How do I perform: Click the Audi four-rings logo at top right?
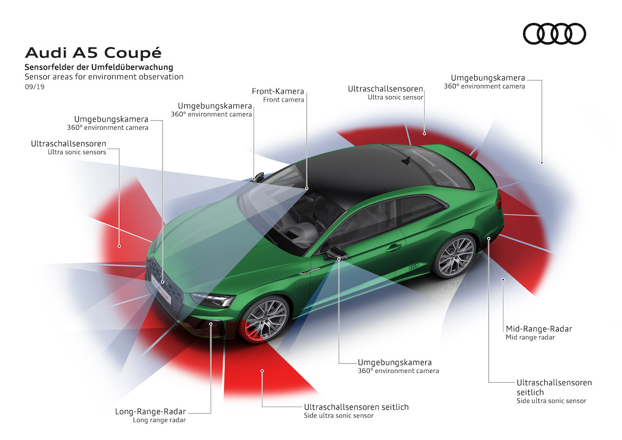coord(554,34)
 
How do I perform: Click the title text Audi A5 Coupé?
coord(93,53)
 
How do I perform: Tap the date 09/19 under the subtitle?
coord(35,87)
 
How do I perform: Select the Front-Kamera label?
coord(277,91)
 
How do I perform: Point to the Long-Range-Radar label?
coord(151,411)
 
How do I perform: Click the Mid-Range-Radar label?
coord(539,329)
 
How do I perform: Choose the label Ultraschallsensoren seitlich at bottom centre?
coord(356,407)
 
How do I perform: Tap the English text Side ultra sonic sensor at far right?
coord(551,401)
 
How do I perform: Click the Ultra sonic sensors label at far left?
coord(77,152)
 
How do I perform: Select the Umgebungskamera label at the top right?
coord(487,78)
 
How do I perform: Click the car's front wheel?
coord(265,320)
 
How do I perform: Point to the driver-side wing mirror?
coord(335,253)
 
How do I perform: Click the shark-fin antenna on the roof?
coord(406,160)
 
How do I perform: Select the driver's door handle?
coord(394,247)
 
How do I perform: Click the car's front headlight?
coord(213,299)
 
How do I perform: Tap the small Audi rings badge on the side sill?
coord(413,266)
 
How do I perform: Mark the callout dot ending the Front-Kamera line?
coord(307,188)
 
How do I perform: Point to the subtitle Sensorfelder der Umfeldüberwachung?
coord(99,67)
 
